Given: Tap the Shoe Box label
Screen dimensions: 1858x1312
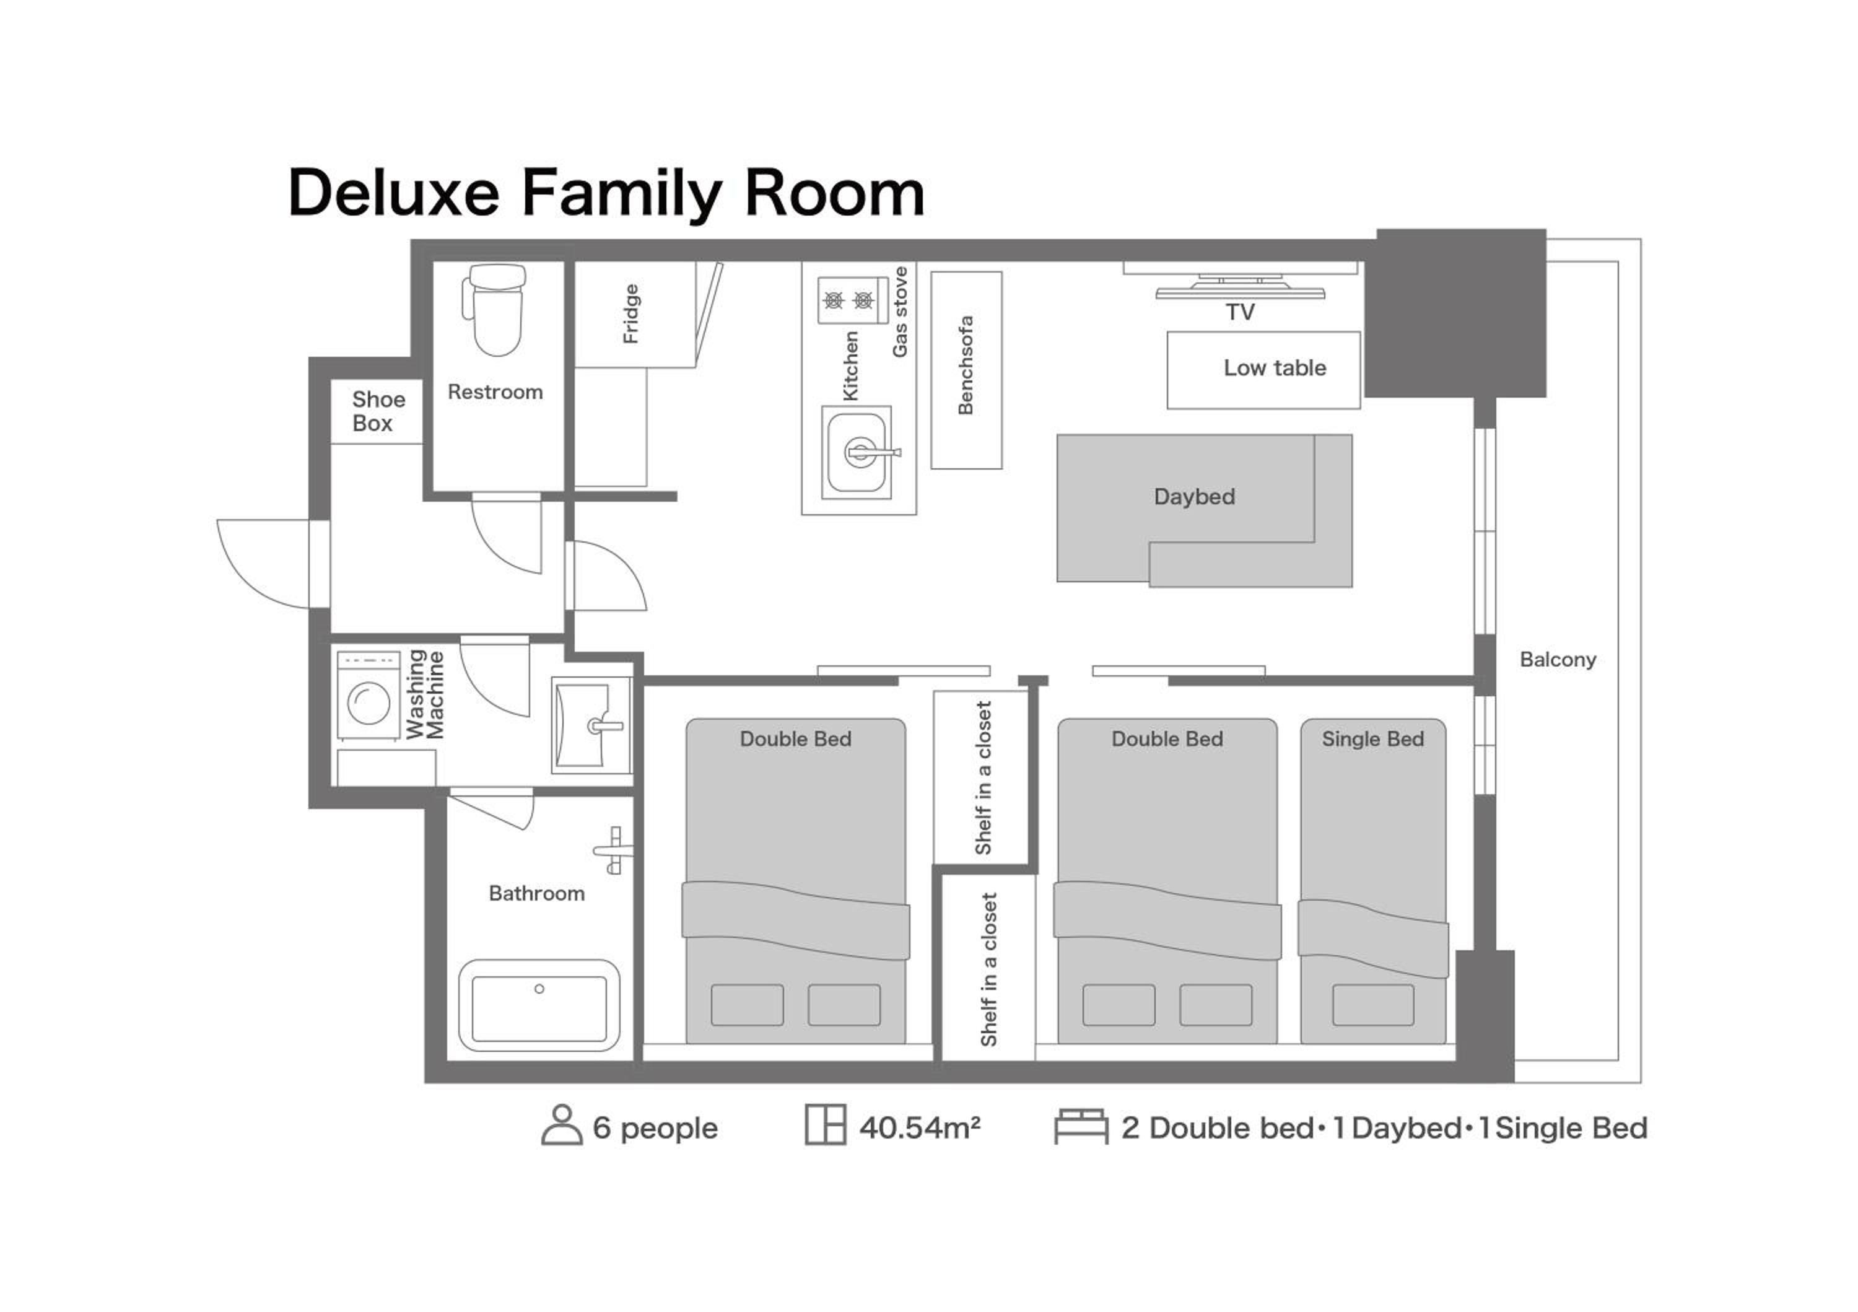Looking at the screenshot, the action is tap(378, 411).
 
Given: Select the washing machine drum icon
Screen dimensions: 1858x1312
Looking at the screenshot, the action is tap(369, 702).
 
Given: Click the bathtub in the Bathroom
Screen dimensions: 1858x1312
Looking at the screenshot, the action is tap(539, 1006).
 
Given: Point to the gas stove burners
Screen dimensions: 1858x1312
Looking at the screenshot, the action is tap(848, 300).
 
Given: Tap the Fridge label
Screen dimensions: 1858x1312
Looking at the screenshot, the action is tap(631, 314).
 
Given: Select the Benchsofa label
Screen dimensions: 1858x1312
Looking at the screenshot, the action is tap(966, 365).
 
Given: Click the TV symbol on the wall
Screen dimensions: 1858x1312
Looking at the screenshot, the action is tap(1240, 287).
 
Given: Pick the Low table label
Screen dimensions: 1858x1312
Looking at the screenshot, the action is tap(1275, 369).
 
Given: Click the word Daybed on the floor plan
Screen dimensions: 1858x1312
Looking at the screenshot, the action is tap(1195, 496).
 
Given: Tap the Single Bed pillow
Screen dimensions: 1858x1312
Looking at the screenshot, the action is tap(1373, 1005).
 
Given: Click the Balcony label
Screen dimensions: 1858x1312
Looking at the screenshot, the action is tap(1558, 660).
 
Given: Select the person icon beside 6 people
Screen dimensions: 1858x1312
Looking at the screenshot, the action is tap(562, 1125).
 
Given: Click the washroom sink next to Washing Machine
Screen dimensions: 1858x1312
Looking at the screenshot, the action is tap(591, 725).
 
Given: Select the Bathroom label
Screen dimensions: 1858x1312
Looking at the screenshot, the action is tap(536, 893).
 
